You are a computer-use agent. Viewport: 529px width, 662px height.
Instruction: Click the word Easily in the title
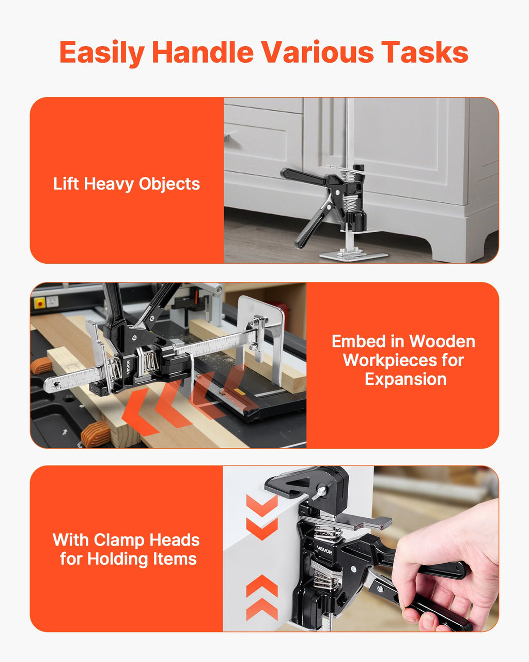[x=102, y=53]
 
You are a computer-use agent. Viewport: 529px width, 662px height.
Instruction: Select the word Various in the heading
[x=318, y=52]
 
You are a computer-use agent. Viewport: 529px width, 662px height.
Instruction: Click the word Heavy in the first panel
[x=110, y=184]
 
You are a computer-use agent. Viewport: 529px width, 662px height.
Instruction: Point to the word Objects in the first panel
[x=169, y=184]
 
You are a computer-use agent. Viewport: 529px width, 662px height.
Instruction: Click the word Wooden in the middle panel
[x=442, y=341]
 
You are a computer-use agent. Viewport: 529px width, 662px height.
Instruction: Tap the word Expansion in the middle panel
[x=406, y=379]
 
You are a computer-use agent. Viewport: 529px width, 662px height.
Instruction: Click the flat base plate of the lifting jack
[x=353, y=255]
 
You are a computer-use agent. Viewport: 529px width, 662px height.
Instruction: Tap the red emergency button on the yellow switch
[x=40, y=303]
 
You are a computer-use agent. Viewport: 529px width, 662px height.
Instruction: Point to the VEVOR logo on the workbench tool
[x=128, y=367]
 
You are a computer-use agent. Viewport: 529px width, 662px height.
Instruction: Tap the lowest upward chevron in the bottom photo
[x=262, y=609]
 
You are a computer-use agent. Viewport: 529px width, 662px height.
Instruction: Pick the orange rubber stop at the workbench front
[x=96, y=434]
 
